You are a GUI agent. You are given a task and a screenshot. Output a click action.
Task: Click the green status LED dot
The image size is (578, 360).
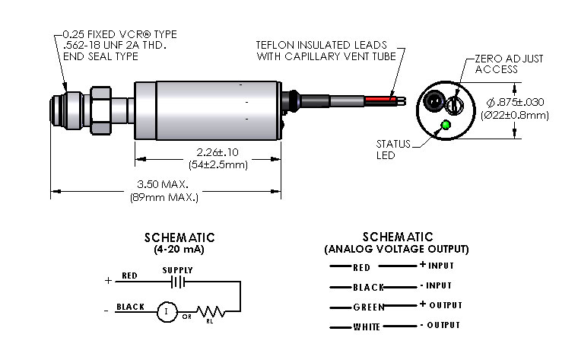pyautogui.click(x=446, y=125)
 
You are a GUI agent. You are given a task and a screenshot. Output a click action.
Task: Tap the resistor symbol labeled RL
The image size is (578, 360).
pyautogui.click(x=209, y=311)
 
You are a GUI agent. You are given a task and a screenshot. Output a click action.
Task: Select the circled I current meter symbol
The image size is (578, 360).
pyautogui.click(x=166, y=311)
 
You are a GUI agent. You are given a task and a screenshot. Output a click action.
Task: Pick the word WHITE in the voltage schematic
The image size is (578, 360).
pyautogui.click(x=368, y=327)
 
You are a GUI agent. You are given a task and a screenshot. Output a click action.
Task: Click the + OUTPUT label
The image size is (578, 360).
pyautogui.click(x=440, y=305)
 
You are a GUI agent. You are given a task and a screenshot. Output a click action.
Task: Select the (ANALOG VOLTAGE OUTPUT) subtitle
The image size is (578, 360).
pyautogui.click(x=396, y=249)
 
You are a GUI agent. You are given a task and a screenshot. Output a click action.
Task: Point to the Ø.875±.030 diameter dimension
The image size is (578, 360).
pyautogui.click(x=516, y=102)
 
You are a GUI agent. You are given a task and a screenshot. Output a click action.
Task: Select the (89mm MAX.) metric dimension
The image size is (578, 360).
pyautogui.click(x=164, y=197)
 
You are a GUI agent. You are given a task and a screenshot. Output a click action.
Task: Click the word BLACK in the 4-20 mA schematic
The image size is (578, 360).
pyautogui.click(x=131, y=307)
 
